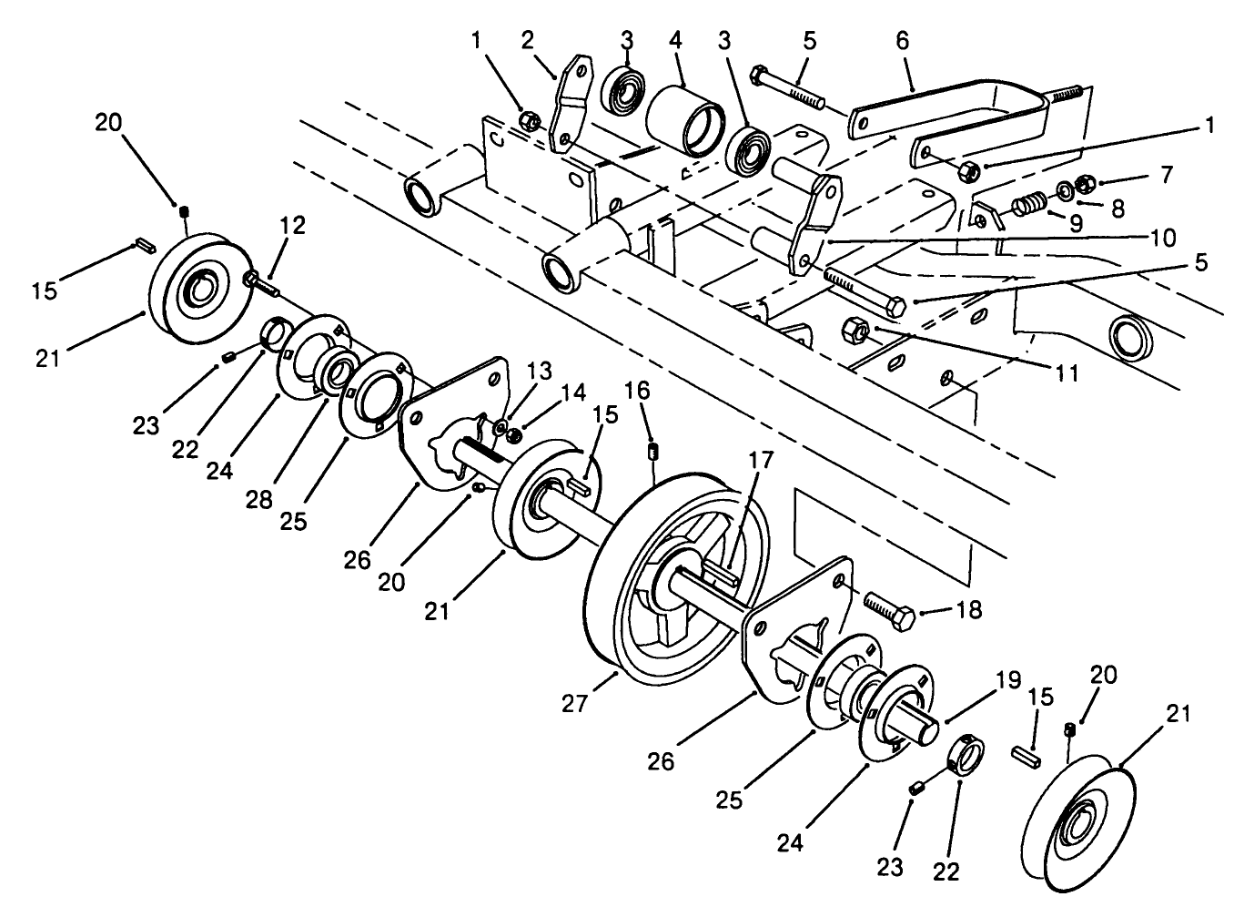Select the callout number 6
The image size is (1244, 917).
click(x=902, y=41)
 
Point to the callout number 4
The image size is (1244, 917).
click(x=675, y=41)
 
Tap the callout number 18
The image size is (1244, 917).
click(x=970, y=610)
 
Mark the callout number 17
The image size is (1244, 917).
click(x=761, y=461)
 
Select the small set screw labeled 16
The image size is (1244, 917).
click(x=652, y=451)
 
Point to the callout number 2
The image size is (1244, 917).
click(x=528, y=41)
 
